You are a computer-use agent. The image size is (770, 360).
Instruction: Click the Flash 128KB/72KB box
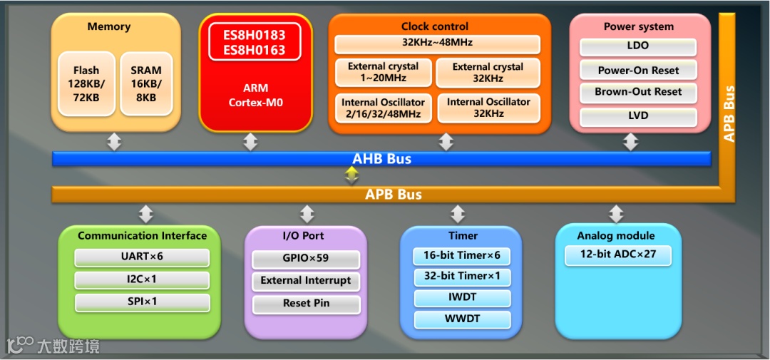click(x=86, y=83)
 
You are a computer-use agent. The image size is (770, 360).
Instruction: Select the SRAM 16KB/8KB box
click(x=146, y=83)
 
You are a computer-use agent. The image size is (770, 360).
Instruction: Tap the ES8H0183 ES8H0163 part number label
click(x=255, y=42)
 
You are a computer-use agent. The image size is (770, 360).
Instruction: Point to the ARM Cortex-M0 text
click(x=255, y=96)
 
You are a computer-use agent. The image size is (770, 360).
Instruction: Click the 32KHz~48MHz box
click(x=437, y=44)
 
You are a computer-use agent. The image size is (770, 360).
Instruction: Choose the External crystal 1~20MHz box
click(x=383, y=72)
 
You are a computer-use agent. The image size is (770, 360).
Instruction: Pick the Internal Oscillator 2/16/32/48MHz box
click(x=383, y=108)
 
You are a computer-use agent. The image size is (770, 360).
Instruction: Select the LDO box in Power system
click(x=637, y=46)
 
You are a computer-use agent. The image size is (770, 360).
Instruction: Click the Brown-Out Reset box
click(x=637, y=92)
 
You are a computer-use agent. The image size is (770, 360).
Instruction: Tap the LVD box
click(x=637, y=115)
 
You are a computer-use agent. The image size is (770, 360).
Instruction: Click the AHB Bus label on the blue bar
click(x=381, y=159)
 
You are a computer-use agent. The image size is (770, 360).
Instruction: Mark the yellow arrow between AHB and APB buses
click(x=351, y=175)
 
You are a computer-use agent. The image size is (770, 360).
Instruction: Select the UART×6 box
click(x=143, y=257)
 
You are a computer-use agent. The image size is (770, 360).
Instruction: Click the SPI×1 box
click(x=143, y=302)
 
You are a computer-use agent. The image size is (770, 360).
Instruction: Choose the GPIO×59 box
click(x=306, y=258)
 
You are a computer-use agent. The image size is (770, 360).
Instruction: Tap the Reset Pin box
click(x=306, y=303)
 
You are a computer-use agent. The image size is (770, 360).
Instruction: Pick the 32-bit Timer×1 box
click(x=462, y=276)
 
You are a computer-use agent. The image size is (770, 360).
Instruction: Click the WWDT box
click(x=462, y=319)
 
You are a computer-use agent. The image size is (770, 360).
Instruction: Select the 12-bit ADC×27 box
click(x=617, y=254)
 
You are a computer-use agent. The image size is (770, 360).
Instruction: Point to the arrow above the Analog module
click(x=616, y=213)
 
